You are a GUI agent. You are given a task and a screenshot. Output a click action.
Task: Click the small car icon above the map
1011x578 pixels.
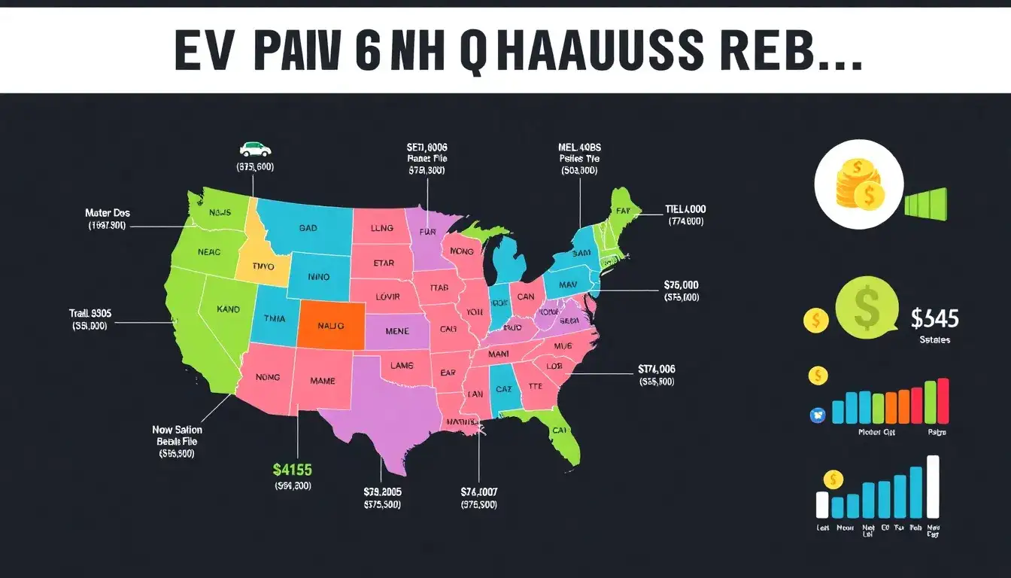(x=255, y=148)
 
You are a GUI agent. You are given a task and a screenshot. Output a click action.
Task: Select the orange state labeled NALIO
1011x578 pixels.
(x=330, y=326)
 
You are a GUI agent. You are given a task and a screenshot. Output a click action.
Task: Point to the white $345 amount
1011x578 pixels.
(x=934, y=319)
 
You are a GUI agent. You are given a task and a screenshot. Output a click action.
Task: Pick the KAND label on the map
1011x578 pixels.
(x=228, y=309)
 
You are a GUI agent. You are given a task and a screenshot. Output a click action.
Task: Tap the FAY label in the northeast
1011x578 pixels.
(x=621, y=212)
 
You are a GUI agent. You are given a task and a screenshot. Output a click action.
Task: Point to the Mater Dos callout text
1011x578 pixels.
(x=108, y=213)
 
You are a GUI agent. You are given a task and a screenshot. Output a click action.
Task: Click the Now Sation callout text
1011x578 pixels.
(x=177, y=430)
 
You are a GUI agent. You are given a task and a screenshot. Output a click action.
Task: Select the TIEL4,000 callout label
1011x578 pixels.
(x=685, y=209)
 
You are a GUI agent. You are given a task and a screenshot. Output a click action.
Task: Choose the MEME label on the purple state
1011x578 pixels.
(x=396, y=330)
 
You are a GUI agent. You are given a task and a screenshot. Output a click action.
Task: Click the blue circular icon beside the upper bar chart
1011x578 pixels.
(x=818, y=413)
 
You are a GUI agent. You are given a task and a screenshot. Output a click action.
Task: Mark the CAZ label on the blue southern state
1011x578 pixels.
(x=503, y=389)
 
